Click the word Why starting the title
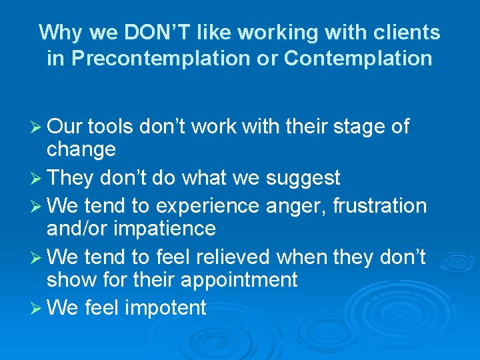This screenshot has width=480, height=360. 59,32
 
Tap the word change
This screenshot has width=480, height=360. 81,149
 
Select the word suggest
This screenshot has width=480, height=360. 303,178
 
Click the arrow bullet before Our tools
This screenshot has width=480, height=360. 35,127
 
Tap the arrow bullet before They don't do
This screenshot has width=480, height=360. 35,178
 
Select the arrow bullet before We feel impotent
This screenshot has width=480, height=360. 35,307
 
